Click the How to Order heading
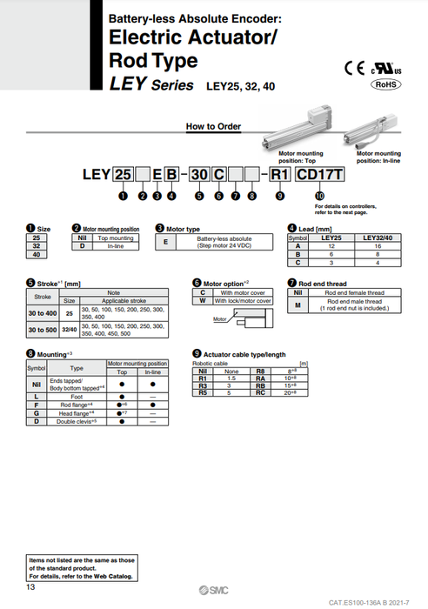coord(213,127)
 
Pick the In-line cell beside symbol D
coord(116,247)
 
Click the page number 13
coord(30,588)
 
